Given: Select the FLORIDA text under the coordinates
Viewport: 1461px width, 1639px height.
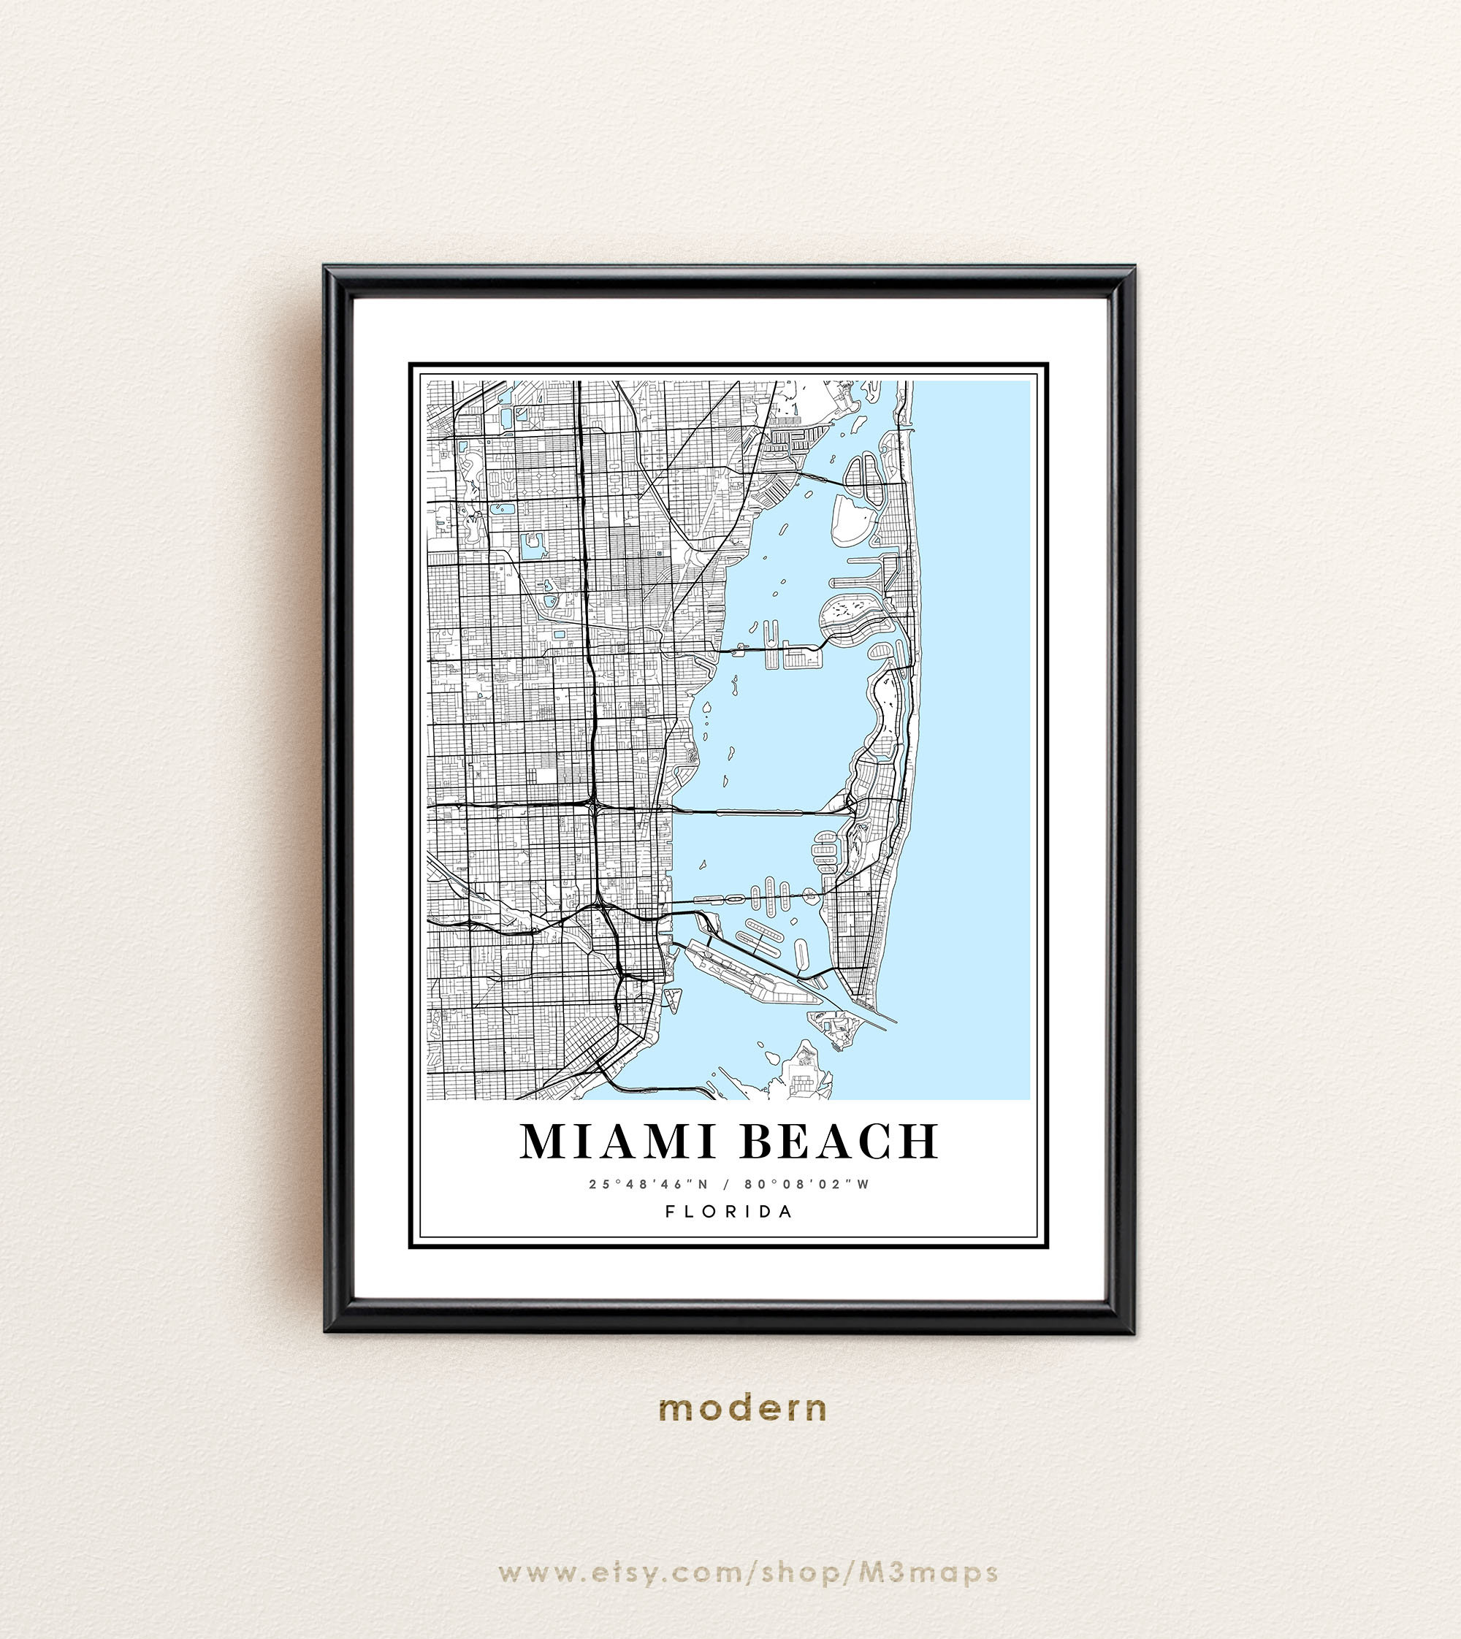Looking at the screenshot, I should tap(729, 1211).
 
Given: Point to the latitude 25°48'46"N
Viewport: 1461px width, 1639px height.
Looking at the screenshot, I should tap(654, 1184).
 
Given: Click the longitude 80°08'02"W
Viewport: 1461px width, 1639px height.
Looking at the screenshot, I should tap(806, 1184).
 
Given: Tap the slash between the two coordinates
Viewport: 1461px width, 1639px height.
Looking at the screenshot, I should tap(729, 1184).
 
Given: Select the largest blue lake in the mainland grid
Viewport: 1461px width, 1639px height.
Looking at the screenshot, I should tap(531, 546).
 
